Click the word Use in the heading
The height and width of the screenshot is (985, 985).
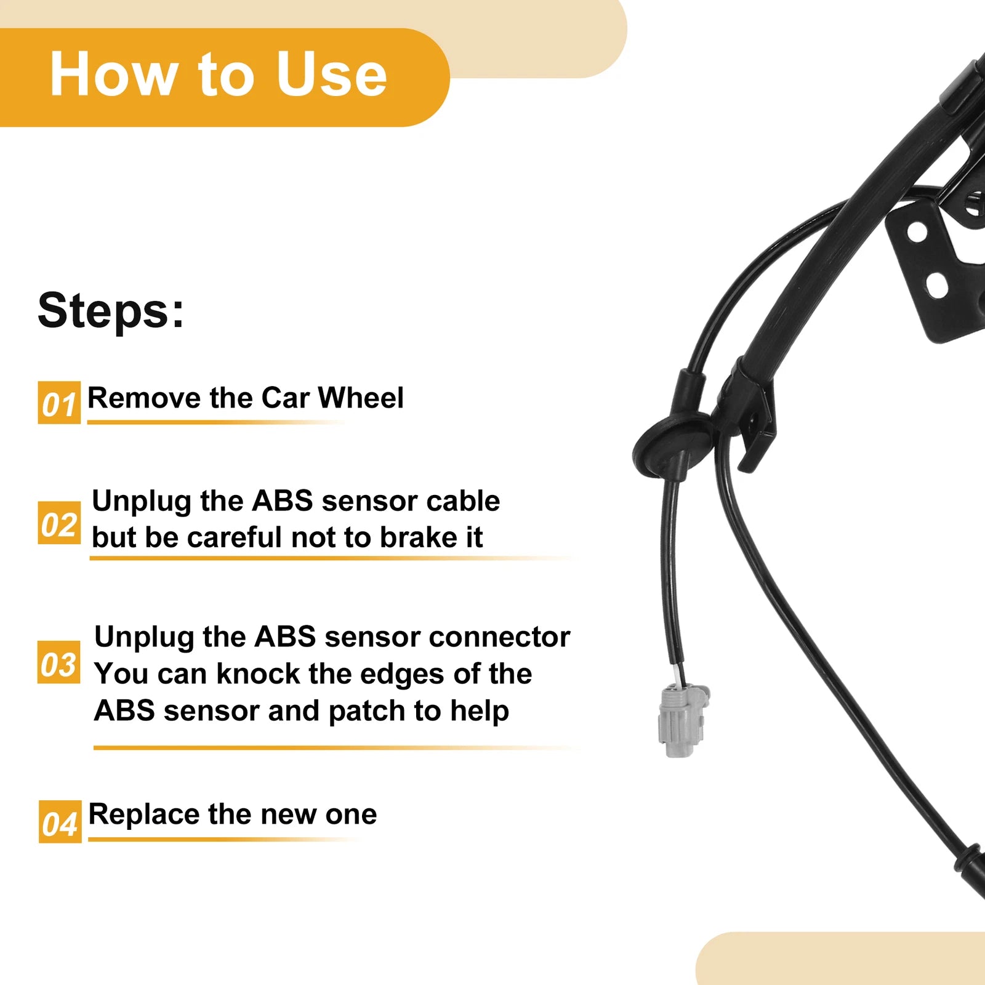(331, 74)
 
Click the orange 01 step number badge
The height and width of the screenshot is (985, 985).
(59, 403)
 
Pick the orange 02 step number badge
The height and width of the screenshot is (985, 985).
(59, 523)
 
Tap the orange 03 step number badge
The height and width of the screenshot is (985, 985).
(59, 662)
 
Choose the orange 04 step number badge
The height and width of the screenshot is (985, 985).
(60, 822)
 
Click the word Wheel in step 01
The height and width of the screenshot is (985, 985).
(361, 398)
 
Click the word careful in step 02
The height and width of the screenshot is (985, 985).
(236, 537)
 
